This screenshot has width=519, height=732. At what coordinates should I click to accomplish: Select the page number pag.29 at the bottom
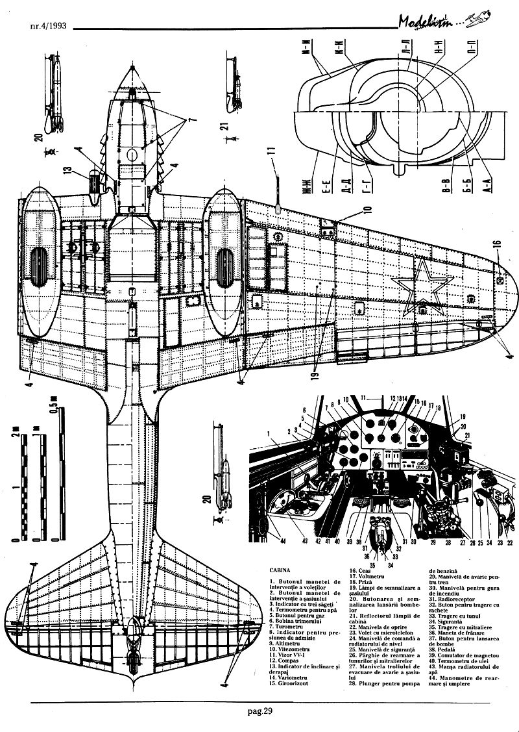click(259, 712)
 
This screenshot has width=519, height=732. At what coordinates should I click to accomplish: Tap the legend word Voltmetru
click(370, 575)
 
